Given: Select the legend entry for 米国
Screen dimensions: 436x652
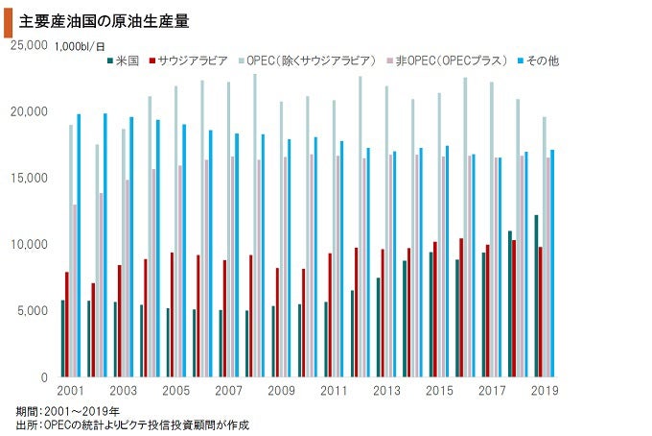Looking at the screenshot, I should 122,61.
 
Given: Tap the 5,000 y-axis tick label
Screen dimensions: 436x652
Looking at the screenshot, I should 32,310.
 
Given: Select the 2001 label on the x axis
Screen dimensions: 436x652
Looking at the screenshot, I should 70,391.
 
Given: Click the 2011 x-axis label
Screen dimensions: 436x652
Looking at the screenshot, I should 333,391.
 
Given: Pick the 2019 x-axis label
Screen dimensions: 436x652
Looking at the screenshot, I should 544,391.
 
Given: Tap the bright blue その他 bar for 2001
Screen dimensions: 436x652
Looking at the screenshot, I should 79,246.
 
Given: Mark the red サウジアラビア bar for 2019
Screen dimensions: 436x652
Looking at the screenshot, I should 541,312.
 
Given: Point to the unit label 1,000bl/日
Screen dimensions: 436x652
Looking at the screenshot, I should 81,45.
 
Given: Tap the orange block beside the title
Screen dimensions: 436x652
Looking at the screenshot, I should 8,17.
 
